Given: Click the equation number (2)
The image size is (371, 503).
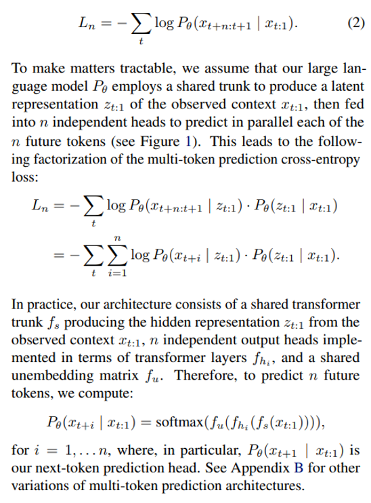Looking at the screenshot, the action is pos(356,23).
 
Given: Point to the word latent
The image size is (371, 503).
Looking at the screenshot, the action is pos(347,86).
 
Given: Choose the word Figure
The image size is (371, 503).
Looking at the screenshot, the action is pos(160,142).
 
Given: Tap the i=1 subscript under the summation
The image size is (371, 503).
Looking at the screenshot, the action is pos(118,273).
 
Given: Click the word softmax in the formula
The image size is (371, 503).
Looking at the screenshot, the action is pos(179,422).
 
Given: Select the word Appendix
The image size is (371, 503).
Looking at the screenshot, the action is pos(261,468).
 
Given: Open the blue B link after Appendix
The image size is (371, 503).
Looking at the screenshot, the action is pos(299,468).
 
